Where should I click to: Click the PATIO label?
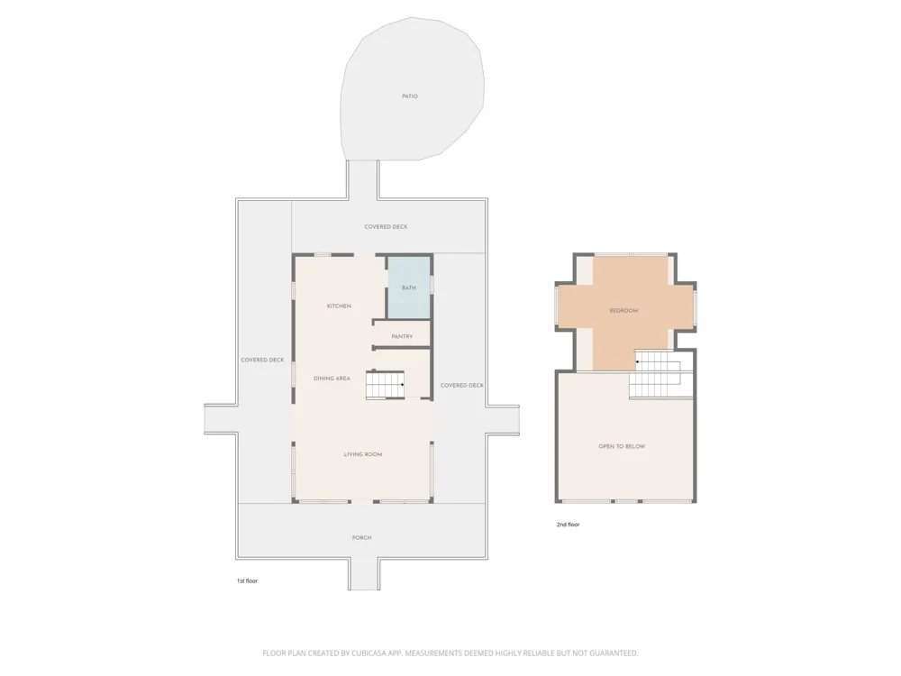pos(410,96)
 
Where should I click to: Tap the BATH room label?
pos(408,288)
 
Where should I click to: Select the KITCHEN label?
pos(339,306)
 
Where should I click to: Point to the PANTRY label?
pos(402,336)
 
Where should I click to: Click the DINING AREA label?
pos(332,379)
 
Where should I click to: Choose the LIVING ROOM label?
pos(362,454)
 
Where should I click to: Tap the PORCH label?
pos(361,537)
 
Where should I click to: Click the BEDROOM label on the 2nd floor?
pos(623,310)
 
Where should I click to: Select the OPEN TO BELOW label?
pos(622,446)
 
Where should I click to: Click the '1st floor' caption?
pos(247,580)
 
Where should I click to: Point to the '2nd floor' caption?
pos(569,525)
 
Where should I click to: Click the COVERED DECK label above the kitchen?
pos(386,226)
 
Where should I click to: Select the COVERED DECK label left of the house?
pos(262,360)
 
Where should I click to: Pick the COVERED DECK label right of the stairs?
pos(462,385)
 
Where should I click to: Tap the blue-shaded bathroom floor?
pos(408,288)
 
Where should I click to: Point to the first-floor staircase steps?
pos(386,385)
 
